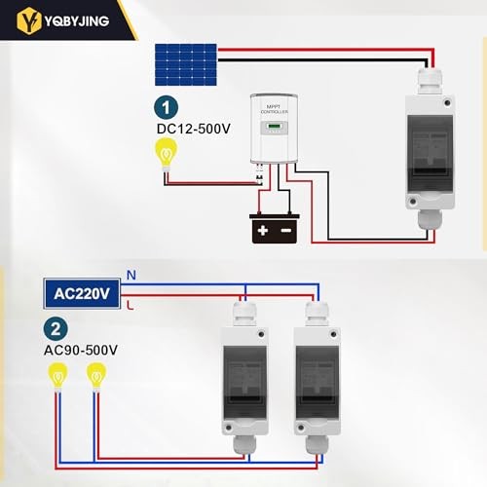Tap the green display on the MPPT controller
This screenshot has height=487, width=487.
[x=276, y=126]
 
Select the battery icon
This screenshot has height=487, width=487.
[x=273, y=228]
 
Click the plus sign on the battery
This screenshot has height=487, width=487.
[x=262, y=231]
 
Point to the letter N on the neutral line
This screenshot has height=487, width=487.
[x=131, y=276]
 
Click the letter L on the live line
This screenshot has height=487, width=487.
[x=131, y=306]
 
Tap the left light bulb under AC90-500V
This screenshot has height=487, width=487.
[x=59, y=374]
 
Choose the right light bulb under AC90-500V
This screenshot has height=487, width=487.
[x=95, y=374]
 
